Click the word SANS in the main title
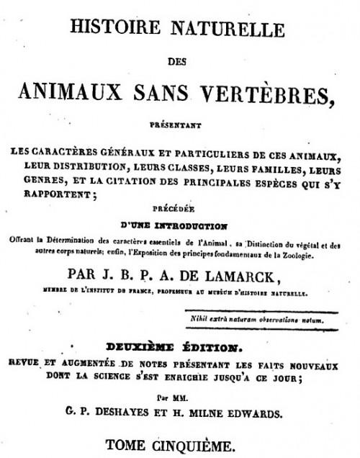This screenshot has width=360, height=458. tap(167, 91)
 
